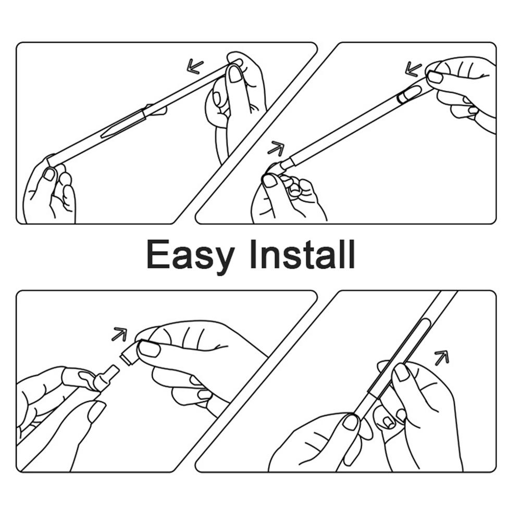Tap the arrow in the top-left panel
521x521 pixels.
(195, 66)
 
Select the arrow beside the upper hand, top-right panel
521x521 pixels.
(413, 69)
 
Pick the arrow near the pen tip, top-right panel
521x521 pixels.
(276, 148)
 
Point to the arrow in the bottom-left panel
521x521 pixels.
(119, 334)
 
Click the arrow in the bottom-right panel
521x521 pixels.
(442, 357)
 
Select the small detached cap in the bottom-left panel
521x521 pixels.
(128, 354)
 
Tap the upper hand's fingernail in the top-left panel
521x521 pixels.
(235, 74)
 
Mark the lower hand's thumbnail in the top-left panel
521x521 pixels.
(49, 174)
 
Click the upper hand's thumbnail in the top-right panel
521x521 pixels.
(435, 78)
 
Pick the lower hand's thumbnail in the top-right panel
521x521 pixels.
(269, 180)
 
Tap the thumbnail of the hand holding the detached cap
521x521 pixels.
(150, 349)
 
